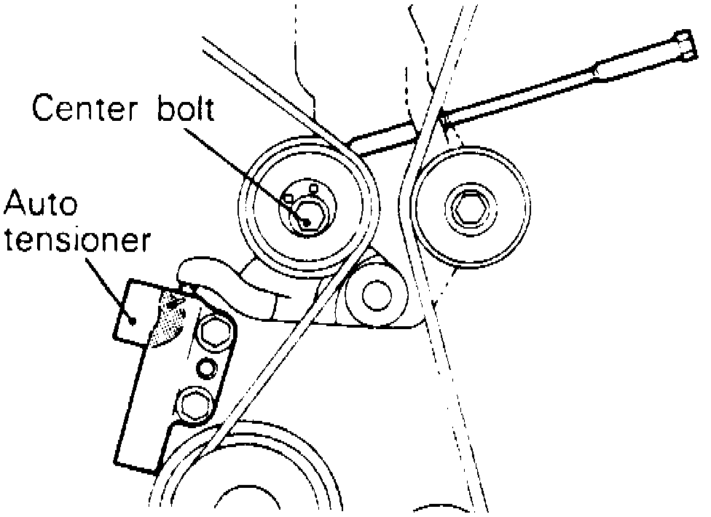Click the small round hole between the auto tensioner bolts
(x=207, y=368)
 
